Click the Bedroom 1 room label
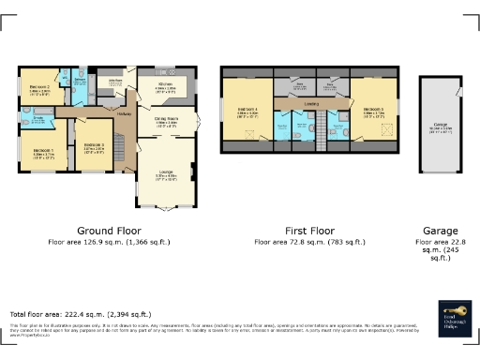(x=43, y=150)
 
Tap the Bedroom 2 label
(x=40, y=80)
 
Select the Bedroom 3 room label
(x=92, y=146)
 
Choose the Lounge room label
(x=166, y=173)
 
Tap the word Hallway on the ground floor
(x=123, y=114)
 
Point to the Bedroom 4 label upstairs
(x=248, y=111)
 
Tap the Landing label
(x=311, y=103)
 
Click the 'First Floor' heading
(x=309, y=229)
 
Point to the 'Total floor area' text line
(x=80, y=314)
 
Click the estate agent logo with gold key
(x=453, y=315)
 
